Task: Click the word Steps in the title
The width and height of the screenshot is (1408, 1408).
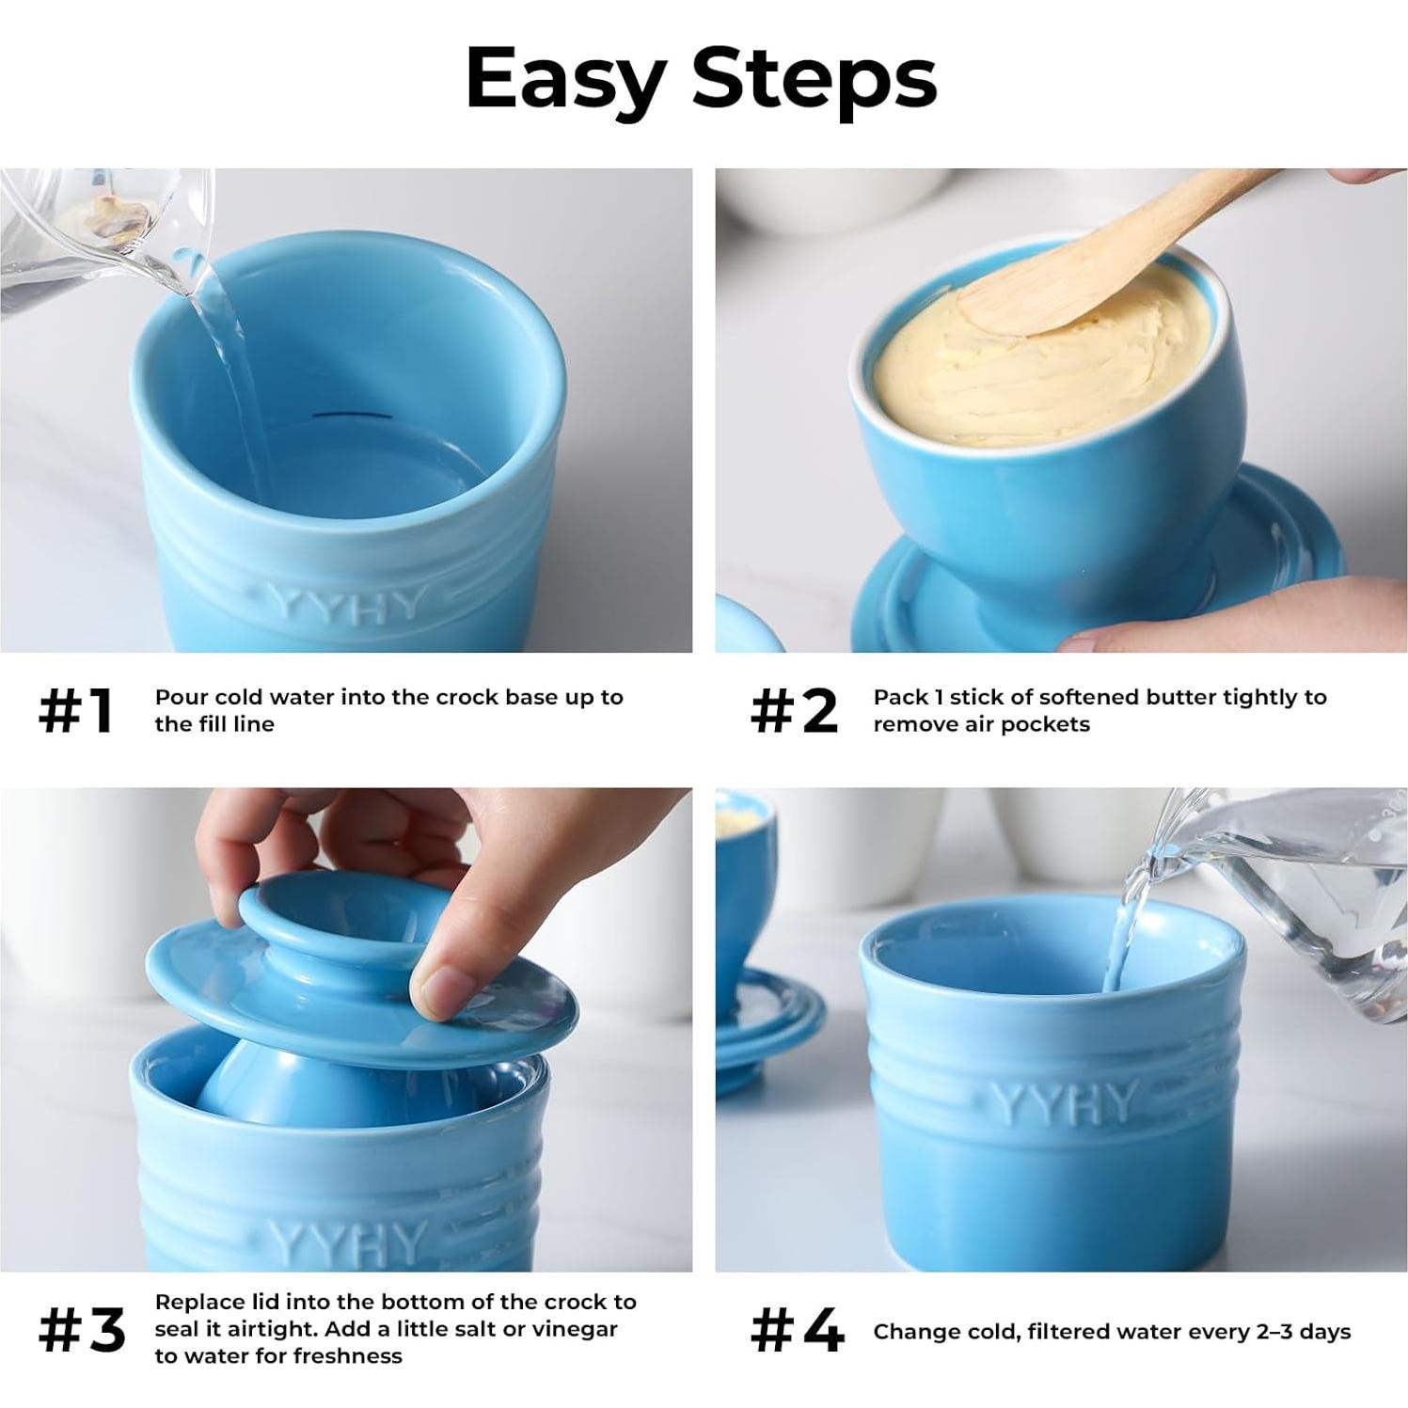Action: point(815,80)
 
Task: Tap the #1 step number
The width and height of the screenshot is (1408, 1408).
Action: point(76,711)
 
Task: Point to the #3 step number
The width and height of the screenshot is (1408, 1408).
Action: point(82,1330)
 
